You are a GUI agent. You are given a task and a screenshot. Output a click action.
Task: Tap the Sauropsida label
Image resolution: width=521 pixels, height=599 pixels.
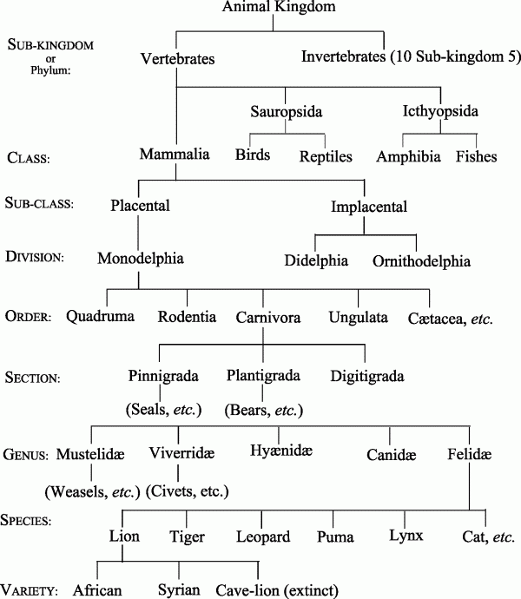coord(286,113)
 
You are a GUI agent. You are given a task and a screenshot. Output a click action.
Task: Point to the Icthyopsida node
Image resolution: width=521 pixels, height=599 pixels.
coord(440,112)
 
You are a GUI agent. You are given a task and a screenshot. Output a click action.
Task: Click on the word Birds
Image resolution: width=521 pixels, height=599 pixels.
coord(253,155)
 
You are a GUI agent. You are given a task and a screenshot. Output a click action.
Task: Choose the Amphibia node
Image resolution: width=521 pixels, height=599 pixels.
coord(407,156)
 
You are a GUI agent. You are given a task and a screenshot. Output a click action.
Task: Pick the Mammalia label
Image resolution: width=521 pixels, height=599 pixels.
coord(175,155)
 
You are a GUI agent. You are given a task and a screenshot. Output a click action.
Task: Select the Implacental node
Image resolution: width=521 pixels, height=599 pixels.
coord(366,207)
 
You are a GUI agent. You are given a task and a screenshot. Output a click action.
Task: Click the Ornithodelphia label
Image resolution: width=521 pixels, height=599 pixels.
coord(422,260)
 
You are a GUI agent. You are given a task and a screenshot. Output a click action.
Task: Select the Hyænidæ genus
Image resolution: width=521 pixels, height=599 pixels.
coord(280,451)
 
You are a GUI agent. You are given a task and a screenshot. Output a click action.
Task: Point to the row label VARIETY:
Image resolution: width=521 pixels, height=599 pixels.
coord(35,589)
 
